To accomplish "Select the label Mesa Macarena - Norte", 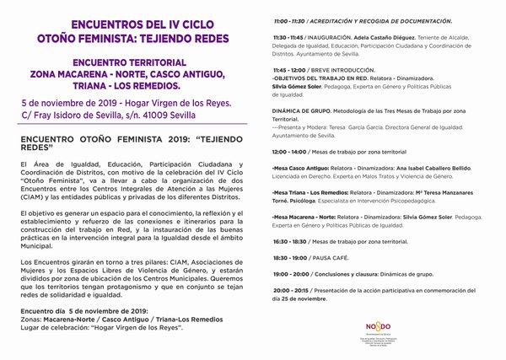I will (x=303, y=218).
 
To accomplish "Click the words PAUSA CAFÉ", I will (x=333, y=255).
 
